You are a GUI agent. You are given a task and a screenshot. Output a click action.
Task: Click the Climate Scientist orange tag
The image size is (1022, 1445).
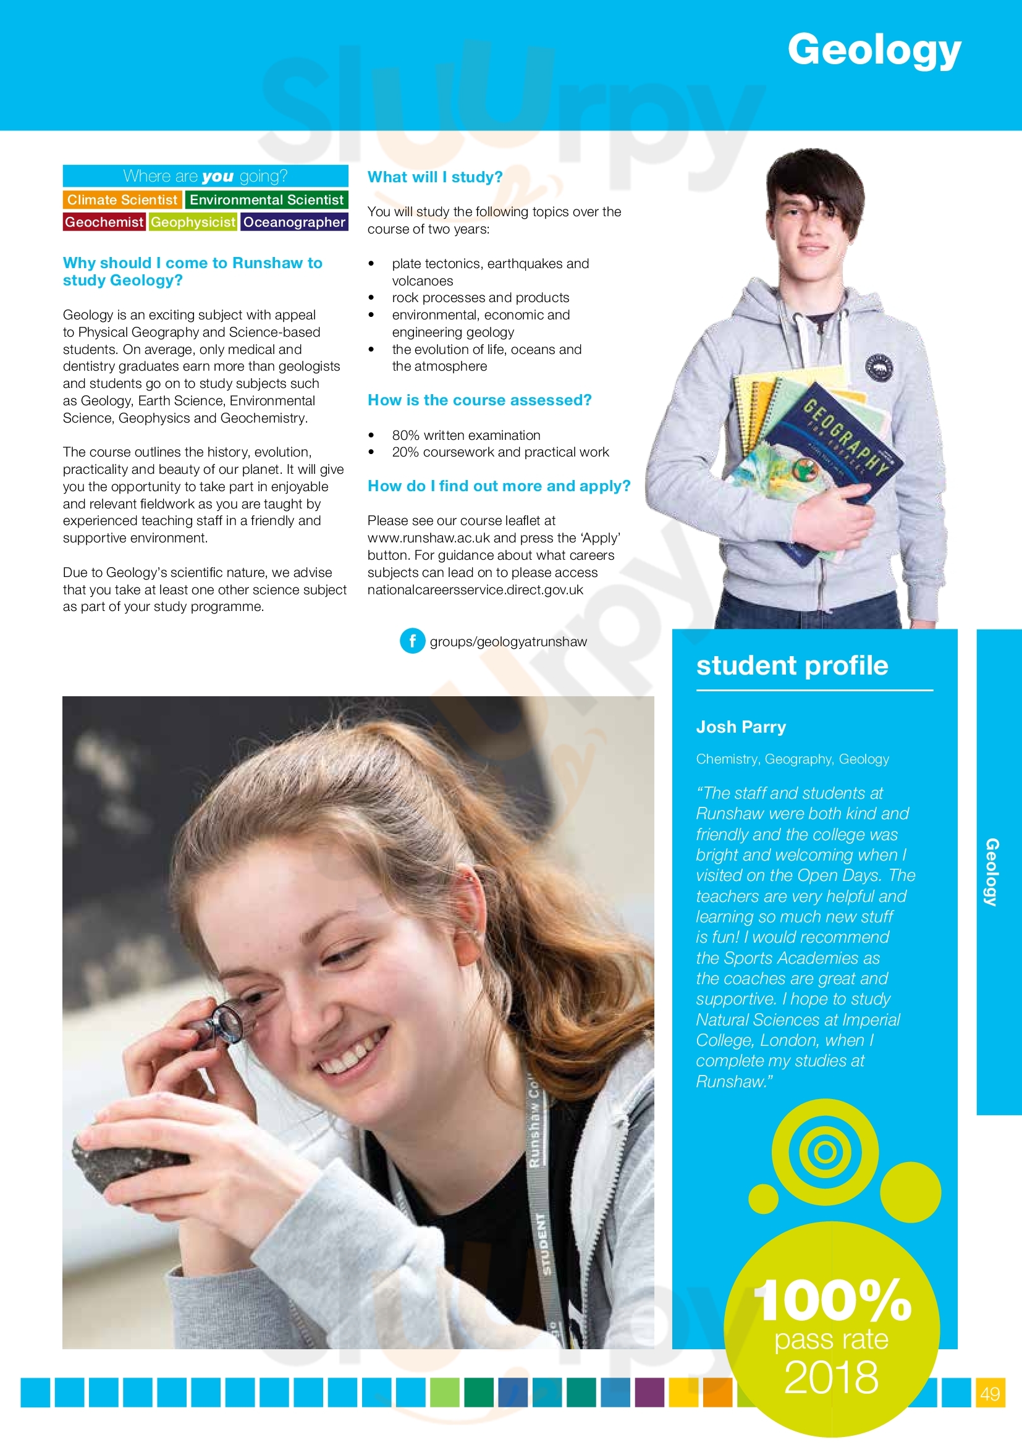(x=123, y=200)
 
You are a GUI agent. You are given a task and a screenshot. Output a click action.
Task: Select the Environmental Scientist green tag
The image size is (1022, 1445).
(x=266, y=200)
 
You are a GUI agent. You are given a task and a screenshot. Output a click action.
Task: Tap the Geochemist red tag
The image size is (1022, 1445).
(x=104, y=222)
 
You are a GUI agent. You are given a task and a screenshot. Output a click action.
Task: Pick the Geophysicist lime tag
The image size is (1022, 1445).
(x=193, y=222)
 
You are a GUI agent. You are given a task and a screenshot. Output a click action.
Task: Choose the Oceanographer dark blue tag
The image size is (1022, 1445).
(x=294, y=222)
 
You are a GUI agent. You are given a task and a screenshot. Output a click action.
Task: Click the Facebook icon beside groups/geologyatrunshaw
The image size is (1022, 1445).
(x=412, y=641)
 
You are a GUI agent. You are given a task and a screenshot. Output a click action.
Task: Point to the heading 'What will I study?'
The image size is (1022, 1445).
(x=435, y=177)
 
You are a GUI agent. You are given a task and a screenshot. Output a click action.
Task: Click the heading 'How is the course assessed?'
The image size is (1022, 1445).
(x=479, y=400)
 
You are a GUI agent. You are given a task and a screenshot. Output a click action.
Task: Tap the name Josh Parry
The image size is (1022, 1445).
(x=741, y=727)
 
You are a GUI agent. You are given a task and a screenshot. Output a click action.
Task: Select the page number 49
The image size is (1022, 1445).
(x=990, y=1393)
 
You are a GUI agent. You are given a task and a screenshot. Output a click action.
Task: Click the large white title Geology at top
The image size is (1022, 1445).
(x=874, y=50)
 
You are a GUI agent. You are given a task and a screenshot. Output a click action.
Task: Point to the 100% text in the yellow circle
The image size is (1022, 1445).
(x=832, y=1302)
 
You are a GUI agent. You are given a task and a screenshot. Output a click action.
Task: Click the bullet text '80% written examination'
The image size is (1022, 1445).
(x=466, y=436)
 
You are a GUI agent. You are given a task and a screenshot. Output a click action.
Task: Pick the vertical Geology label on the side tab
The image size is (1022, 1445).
(x=992, y=872)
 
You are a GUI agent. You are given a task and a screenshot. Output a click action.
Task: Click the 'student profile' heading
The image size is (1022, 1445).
(x=792, y=666)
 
